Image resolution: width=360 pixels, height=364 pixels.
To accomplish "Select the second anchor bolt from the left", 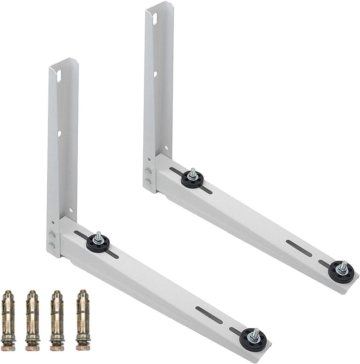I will point(32,318).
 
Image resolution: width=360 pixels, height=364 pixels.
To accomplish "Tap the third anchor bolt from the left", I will point(57,318).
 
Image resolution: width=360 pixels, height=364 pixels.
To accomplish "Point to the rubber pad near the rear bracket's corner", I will point(192,179).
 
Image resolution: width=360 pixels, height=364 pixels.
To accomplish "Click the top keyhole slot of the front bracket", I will point(59,75).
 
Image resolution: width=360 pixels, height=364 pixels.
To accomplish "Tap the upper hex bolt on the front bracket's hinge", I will point(52,235).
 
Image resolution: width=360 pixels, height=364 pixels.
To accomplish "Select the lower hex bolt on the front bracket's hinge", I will point(52,246).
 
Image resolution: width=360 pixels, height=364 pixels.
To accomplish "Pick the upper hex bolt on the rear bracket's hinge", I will point(148,172).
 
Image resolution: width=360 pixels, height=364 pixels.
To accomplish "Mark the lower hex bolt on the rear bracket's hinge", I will point(148,182).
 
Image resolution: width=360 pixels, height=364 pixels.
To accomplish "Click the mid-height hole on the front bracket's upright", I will point(60,134).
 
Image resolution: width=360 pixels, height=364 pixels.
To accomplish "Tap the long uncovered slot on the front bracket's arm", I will point(209,315).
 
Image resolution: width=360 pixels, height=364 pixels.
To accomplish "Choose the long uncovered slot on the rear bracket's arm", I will point(299,248).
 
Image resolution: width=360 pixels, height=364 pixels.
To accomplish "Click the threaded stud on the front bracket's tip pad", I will point(256,332).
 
